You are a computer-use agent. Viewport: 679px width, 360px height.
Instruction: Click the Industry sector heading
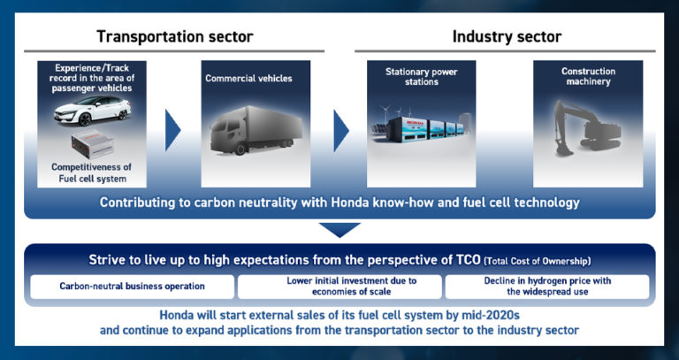point(507,36)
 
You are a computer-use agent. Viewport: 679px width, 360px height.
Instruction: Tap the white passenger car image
point(87,112)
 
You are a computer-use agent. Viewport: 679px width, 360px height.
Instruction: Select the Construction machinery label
point(588,77)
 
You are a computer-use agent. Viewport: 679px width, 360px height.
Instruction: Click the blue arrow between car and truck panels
point(172,131)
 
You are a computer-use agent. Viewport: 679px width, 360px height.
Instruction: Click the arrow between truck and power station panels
point(339,131)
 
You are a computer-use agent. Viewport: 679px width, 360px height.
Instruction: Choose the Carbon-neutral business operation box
point(133,287)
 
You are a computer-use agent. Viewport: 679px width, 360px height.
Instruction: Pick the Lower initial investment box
point(339,287)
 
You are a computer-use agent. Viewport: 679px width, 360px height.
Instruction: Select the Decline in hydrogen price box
point(546,287)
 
